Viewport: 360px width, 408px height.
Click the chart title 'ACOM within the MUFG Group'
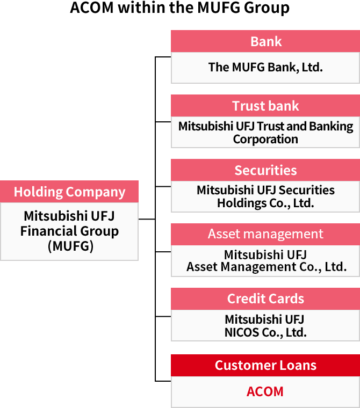pyautogui.click(x=180, y=8)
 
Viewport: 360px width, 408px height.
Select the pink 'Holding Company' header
pyautogui.click(x=69, y=192)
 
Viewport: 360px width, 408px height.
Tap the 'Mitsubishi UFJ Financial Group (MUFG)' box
pyautogui.click(x=69, y=231)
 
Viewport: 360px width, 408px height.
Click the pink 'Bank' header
pyautogui.click(x=265, y=41)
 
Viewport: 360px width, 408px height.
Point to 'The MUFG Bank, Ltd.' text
pyautogui.click(x=265, y=67)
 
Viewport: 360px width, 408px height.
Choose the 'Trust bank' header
pyautogui.click(x=265, y=106)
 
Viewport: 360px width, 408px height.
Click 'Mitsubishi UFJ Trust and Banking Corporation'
pyautogui.click(x=265, y=132)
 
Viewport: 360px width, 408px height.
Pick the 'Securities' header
pyautogui.click(x=265, y=170)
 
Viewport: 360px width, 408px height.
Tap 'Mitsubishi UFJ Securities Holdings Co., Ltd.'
pyautogui.click(x=265, y=196)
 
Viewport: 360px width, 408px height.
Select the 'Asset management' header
pyautogui.click(x=265, y=234)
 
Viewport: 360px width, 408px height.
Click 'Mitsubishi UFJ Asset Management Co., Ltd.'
pyautogui.click(x=265, y=260)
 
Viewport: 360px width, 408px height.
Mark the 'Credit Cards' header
pyautogui.click(x=265, y=298)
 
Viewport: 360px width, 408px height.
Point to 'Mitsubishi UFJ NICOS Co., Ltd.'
pyautogui.click(x=265, y=325)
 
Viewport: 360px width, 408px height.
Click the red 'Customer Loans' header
pyautogui.click(x=265, y=365)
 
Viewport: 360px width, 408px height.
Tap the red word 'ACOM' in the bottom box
pyautogui.click(x=265, y=391)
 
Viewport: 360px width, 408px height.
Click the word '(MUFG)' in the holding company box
pyautogui.click(x=70, y=246)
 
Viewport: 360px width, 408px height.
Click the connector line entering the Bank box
pyautogui.click(x=163, y=56)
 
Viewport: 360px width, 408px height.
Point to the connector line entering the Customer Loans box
pyautogui.click(x=163, y=381)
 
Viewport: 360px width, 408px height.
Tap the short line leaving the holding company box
pyautogui.click(x=147, y=219)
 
